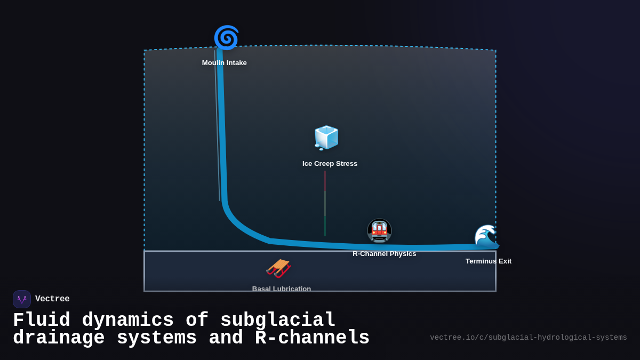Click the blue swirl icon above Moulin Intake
(x=226, y=38)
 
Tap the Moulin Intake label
(x=224, y=63)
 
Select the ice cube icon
(x=326, y=138)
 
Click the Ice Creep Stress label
(x=330, y=164)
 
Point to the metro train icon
(x=379, y=230)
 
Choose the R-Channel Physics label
(x=384, y=254)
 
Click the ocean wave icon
(x=486, y=236)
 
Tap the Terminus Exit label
(x=488, y=261)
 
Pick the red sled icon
(x=278, y=268)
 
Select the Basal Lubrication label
(x=281, y=289)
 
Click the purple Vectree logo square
(x=22, y=299)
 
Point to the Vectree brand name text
(x=52, y=299)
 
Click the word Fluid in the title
(x=42, y=321)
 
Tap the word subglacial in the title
(x=277, y=321)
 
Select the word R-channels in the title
(x=312, y=338)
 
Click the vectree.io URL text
(x=528, y=338)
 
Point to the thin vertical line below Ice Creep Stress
(x=325, y=203)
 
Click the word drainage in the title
(x=59, y=338)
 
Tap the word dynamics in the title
(x=127, y=321)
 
